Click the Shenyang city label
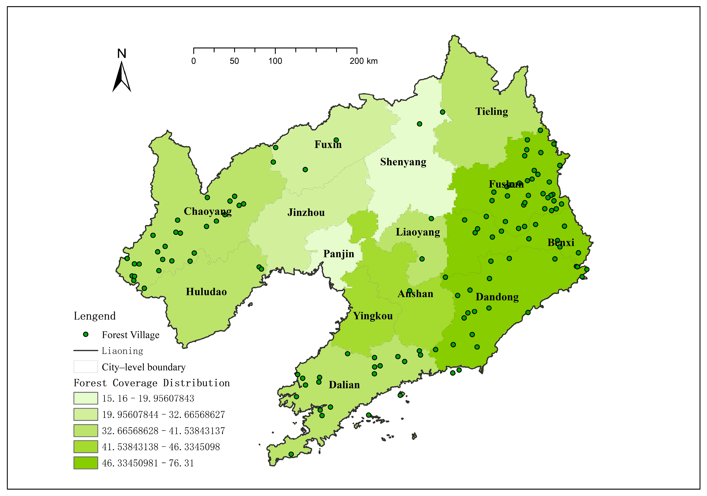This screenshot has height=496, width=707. pyautogui.click(x=403, y=162)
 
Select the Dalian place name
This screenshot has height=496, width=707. pyautogui.click(x=344, y=385)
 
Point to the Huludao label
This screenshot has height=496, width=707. pyautogui.click(x=206, y=292)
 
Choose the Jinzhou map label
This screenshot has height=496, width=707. pyautogui.click(x=306, y=212)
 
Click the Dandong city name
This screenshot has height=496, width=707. pyautogui.click(x=497, y=297)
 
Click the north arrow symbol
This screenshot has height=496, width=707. pyautogui.click(x=122, y=77)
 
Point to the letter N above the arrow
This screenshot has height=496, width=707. pyautogui.click(x=122, y=54)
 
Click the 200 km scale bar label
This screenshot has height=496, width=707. pyautogui.click(x=363, y=61)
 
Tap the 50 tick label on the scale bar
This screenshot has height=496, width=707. pyautogui.click(x=234, y=61)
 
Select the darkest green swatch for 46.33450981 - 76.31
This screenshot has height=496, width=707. pyautogui.click(x=85, y=463)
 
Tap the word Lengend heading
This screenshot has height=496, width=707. pyautogui.click(x=95, y=316)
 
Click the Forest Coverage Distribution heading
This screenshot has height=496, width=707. pyautogui.click(x=152, y=383)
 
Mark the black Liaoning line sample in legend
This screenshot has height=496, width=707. pyautogui.click(x=85, y=351)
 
